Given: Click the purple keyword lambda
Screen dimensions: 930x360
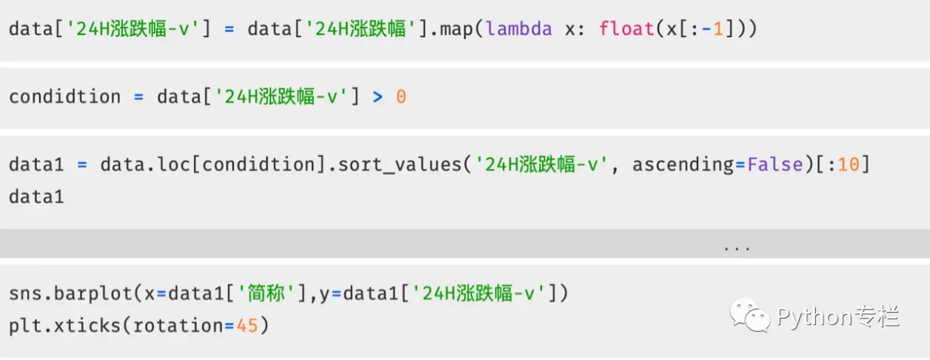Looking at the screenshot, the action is [519, 29].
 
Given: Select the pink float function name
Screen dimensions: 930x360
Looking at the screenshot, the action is [626, 29].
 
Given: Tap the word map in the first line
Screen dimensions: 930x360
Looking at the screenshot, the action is [457, 30].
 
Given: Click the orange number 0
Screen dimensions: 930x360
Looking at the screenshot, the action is [401, 97].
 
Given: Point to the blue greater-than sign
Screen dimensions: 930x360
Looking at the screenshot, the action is [378, 97].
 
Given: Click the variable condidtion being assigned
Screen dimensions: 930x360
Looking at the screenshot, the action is [64, 97].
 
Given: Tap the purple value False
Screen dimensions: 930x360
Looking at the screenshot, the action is [775, 164].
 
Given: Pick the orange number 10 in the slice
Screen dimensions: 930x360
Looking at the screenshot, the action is [849, 164].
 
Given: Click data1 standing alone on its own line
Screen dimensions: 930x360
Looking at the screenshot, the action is [36, 197].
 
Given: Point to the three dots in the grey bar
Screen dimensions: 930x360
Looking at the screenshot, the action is [737, 249].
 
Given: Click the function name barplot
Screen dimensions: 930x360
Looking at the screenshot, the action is [93, 294].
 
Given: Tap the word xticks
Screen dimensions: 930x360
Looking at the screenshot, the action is [87, 325].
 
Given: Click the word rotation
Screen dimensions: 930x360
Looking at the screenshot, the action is [178, 325].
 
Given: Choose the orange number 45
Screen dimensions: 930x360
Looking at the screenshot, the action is [247, 325].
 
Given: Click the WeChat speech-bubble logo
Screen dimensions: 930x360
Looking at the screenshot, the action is [750, 315].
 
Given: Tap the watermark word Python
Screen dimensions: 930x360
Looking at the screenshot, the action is [814, 318].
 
